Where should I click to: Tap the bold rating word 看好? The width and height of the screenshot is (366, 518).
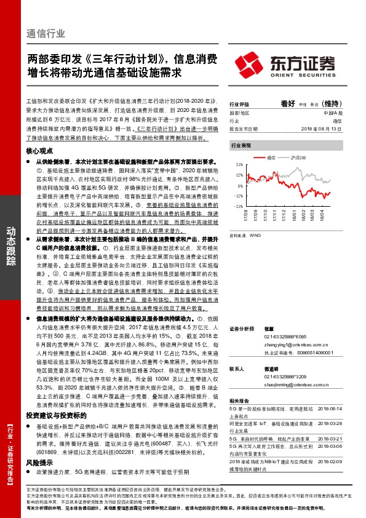288,104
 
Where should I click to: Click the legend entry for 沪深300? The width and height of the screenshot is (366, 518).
298,158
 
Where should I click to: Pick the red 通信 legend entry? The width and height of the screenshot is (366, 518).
273,158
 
